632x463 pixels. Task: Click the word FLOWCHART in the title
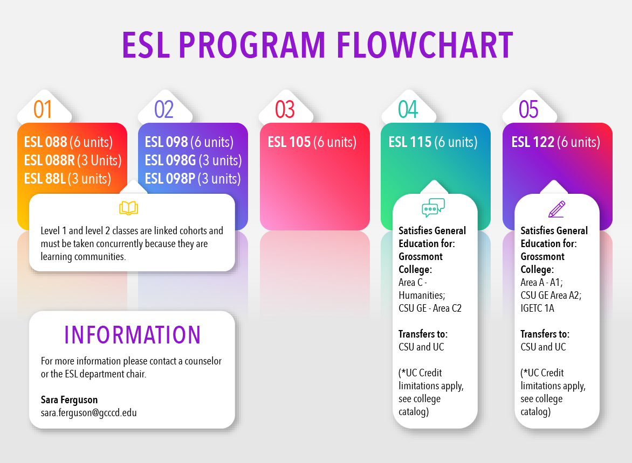425,45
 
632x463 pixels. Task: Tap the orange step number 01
43,109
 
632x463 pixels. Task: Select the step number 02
164,109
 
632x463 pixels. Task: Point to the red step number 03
285,109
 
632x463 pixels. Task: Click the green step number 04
408,109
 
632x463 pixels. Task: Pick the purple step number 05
528,109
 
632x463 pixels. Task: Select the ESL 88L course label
45,178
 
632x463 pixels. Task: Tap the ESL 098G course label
171,160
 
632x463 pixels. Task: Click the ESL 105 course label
290,142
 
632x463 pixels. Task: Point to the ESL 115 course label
410,142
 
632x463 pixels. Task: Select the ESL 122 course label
533,142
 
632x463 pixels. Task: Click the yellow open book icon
128,208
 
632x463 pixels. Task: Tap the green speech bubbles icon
433,208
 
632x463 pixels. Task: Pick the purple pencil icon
556,208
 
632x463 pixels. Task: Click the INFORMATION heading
132,335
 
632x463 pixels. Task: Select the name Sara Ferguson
69,400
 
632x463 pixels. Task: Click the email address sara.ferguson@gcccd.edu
88,413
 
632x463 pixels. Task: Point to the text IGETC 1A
537,308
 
